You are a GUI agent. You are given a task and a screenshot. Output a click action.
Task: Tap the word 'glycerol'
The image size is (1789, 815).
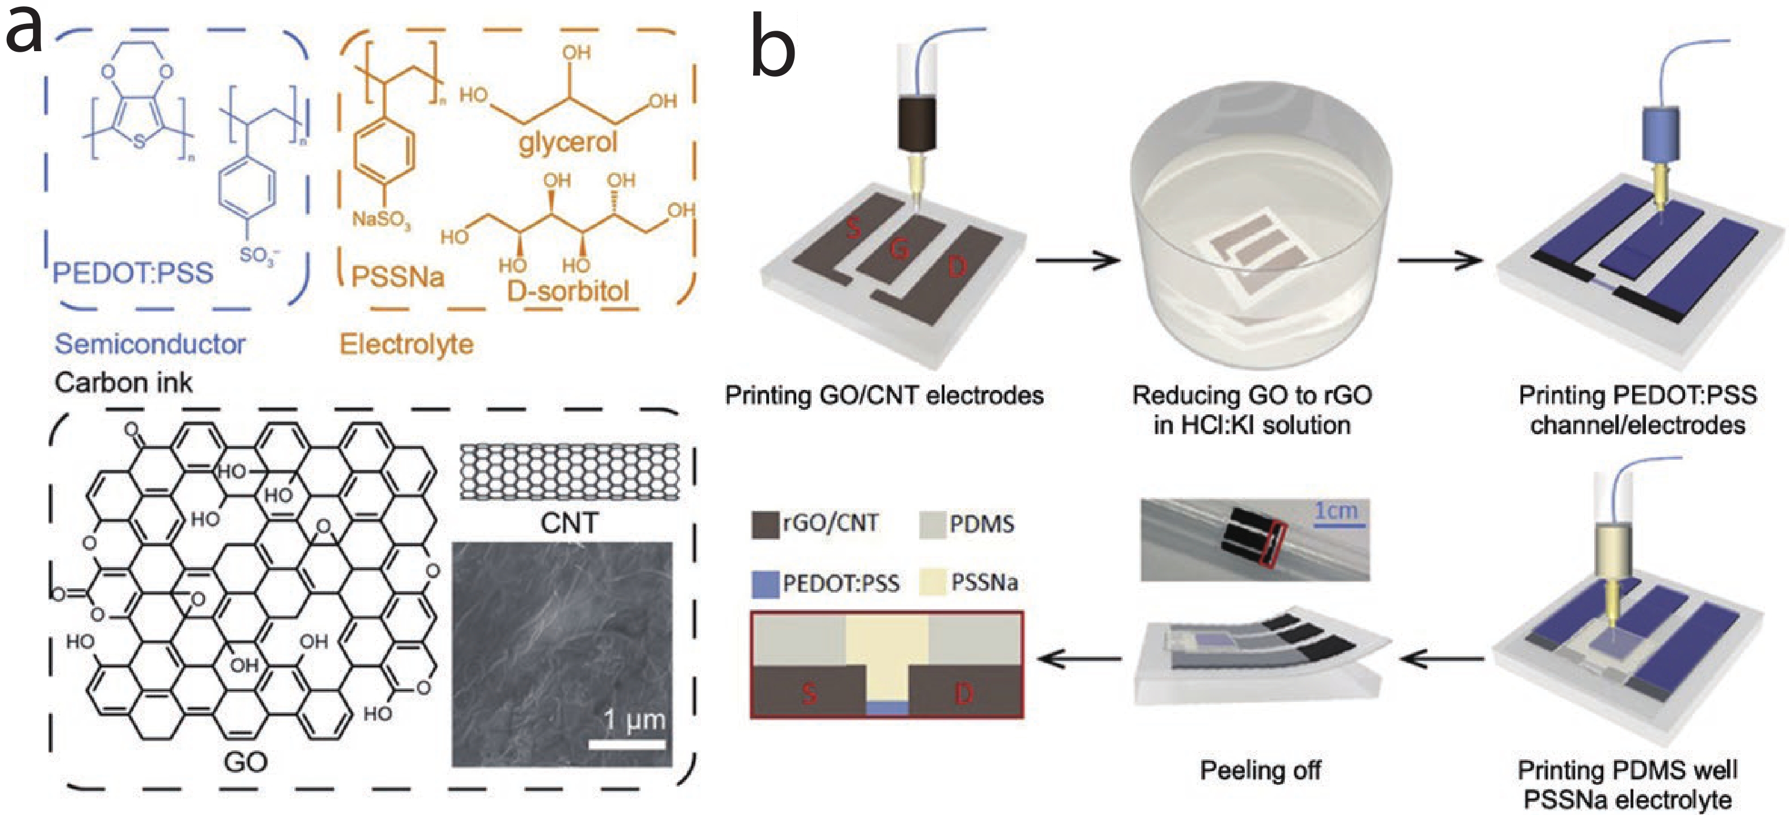(x=567, y=143)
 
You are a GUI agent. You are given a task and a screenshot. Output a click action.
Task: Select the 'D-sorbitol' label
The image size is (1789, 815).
(x=567, y=291)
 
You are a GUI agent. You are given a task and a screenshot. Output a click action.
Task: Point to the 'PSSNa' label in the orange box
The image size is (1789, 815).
(x=397, y=277)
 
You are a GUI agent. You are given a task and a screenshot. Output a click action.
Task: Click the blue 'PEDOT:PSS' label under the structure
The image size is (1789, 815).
(x=133, y=272)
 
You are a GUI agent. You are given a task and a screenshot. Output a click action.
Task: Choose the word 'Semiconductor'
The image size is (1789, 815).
(x=150, y=344)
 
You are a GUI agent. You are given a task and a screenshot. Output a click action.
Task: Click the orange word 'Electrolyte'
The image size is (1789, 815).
(x=406, y=344)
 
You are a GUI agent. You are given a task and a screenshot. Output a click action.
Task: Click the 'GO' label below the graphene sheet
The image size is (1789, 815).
(x=245, y=762)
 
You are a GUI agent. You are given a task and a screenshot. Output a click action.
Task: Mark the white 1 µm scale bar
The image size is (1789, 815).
(x=627, y=744)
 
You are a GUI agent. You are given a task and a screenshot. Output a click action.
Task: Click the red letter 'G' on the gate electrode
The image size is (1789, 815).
(x=900, y=247)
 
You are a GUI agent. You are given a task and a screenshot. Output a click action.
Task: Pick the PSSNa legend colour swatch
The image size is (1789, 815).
(x=933, y=582)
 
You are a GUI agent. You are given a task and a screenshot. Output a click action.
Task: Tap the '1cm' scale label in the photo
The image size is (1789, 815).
(x=1336, y=512)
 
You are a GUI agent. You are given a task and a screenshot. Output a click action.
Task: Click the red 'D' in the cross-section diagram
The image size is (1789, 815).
(x=964, y=693)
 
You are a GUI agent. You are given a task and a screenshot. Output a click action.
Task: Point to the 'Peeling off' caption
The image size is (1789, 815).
(x=1260, y=771)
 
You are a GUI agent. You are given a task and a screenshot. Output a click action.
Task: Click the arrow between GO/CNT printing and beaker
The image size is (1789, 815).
(x=1077, y=260)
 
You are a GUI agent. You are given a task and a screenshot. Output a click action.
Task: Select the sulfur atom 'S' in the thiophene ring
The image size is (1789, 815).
(x=140, y=142)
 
